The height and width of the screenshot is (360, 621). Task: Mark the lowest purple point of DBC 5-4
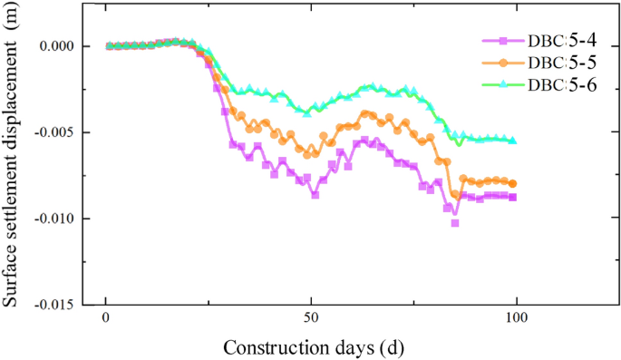[x=454, y=222]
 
